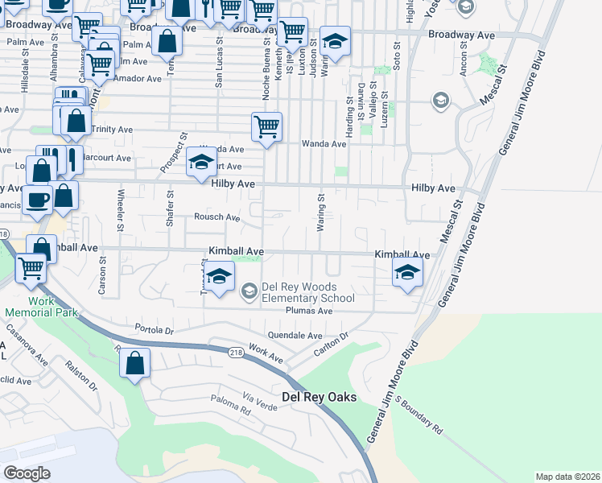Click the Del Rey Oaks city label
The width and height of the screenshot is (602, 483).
pos(320,398)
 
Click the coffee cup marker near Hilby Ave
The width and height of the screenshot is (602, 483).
pos(37,200)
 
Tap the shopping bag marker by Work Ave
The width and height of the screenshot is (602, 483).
pos(135,362)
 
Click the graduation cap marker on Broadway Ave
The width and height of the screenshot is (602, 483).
pos(336,41)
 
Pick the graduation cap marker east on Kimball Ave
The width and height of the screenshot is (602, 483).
pos(408,272)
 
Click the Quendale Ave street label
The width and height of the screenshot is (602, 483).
pos(295,336)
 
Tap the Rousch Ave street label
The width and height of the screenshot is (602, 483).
pos(216,217)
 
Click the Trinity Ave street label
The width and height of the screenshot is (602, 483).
pos(112,130)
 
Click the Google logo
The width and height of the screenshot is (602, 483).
pos(27,473)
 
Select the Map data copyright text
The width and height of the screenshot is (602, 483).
pos(567,477)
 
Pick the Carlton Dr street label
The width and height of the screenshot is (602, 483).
pos(331,343)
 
